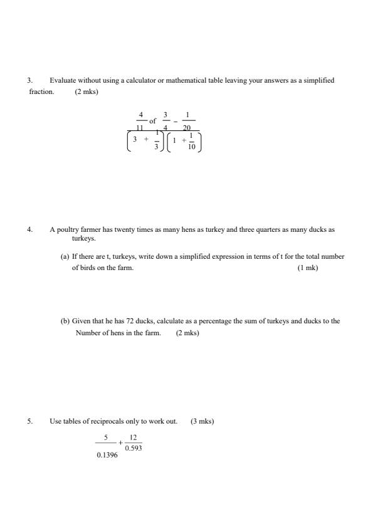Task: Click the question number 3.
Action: click(x=29, y=80)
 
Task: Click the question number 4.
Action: click(x=29, y=229)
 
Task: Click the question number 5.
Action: click(x=29, y=421)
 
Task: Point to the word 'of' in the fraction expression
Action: click(x=152, y=120)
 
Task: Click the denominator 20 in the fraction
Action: click(x=187, y=128)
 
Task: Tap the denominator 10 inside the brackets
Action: click(x=192, y=147)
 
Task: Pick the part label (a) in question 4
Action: click(x=65, y=256)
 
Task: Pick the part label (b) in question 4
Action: click(x=65, y=321)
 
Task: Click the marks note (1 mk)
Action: click(x=308, y=268)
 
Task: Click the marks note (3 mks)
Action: click(x=202, y=421)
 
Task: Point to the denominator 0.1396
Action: click(x=107, y=454)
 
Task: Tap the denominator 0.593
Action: click(x=133, y=448)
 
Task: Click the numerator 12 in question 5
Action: click(x=133, y=437)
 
